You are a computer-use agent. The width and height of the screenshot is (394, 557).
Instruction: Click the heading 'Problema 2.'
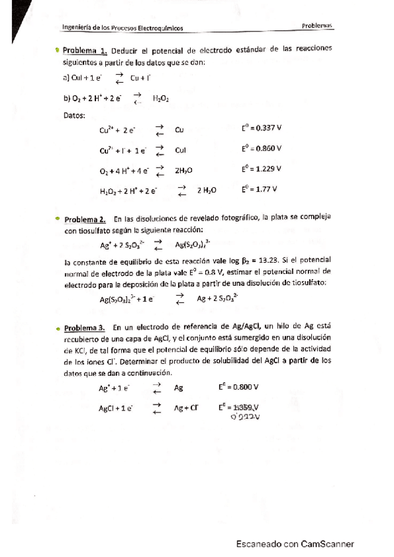coord(85,218)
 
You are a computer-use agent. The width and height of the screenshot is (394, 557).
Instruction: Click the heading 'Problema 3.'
coord(84,327)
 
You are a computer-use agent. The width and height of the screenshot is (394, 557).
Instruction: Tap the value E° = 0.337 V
coord(261,129)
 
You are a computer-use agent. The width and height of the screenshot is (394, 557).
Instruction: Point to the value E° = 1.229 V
coord(261,169)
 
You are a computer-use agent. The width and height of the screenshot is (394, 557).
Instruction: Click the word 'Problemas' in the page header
coord(318,26)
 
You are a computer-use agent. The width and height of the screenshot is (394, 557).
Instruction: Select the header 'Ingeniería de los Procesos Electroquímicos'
coord(122,28)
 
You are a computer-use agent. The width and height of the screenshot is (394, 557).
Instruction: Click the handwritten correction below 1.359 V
coord(245,416)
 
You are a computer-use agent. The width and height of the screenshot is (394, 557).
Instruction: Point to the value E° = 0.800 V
coord(239,388)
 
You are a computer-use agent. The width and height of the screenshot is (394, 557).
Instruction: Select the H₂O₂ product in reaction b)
coord(160,99)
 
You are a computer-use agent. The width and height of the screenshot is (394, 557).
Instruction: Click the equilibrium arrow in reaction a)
coord(119,79)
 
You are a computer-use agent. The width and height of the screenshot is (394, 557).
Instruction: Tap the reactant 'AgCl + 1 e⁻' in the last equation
coord(115,408)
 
